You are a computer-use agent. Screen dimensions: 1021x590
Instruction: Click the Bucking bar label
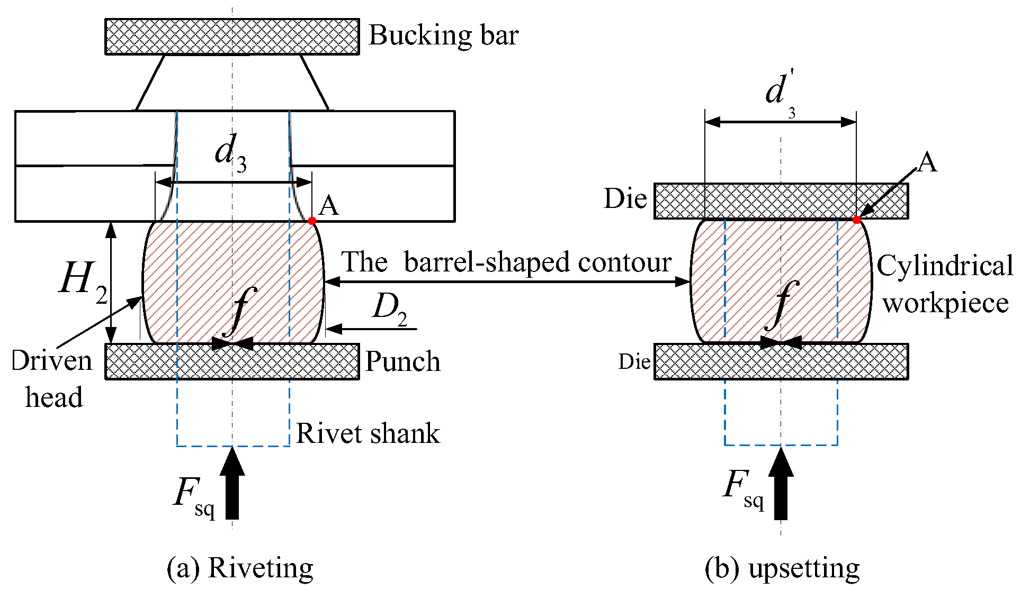click(x=443, y=36)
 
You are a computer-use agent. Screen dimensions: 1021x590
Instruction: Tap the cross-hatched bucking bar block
click(x=232, y=37)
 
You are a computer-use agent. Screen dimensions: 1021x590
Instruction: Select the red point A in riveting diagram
click(x=312, y=221)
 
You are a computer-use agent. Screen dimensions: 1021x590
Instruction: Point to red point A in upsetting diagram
click(x=856, y=220)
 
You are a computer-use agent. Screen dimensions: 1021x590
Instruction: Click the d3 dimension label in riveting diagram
click(x=231, y=153)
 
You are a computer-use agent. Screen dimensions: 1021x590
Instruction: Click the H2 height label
click(x=84, y=281)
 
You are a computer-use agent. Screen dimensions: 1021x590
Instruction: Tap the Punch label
click(x=403, y=362)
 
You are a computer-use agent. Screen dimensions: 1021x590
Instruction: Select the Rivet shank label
click(x=368, y=433)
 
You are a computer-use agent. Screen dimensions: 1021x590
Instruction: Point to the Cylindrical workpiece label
click(x=945, y=284)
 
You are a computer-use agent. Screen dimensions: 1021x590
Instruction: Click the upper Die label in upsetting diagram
click(x=625, y=199)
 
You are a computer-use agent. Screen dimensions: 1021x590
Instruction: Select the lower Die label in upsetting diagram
click(x=634, y=362)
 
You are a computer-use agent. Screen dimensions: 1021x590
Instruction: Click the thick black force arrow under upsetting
click(x=781, y=483)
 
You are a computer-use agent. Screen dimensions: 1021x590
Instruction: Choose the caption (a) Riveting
click(x=240, y=569)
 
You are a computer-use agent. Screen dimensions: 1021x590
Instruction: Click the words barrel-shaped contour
click(x=538, y=262)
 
